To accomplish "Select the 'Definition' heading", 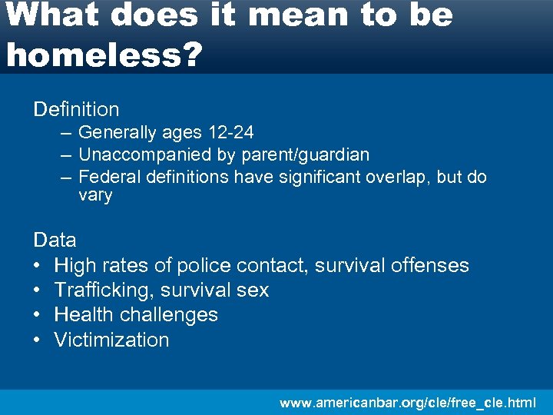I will tap(76, 109).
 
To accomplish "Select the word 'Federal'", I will tap(107, 177).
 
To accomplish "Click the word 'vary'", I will tap(95, 195).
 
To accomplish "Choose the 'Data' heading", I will tap(55, 240).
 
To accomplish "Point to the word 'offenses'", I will tap(430, 265).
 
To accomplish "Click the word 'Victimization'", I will tap(111, 339).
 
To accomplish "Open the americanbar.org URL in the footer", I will tap(407, 402).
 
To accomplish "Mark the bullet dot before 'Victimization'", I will tap(38, 340).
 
